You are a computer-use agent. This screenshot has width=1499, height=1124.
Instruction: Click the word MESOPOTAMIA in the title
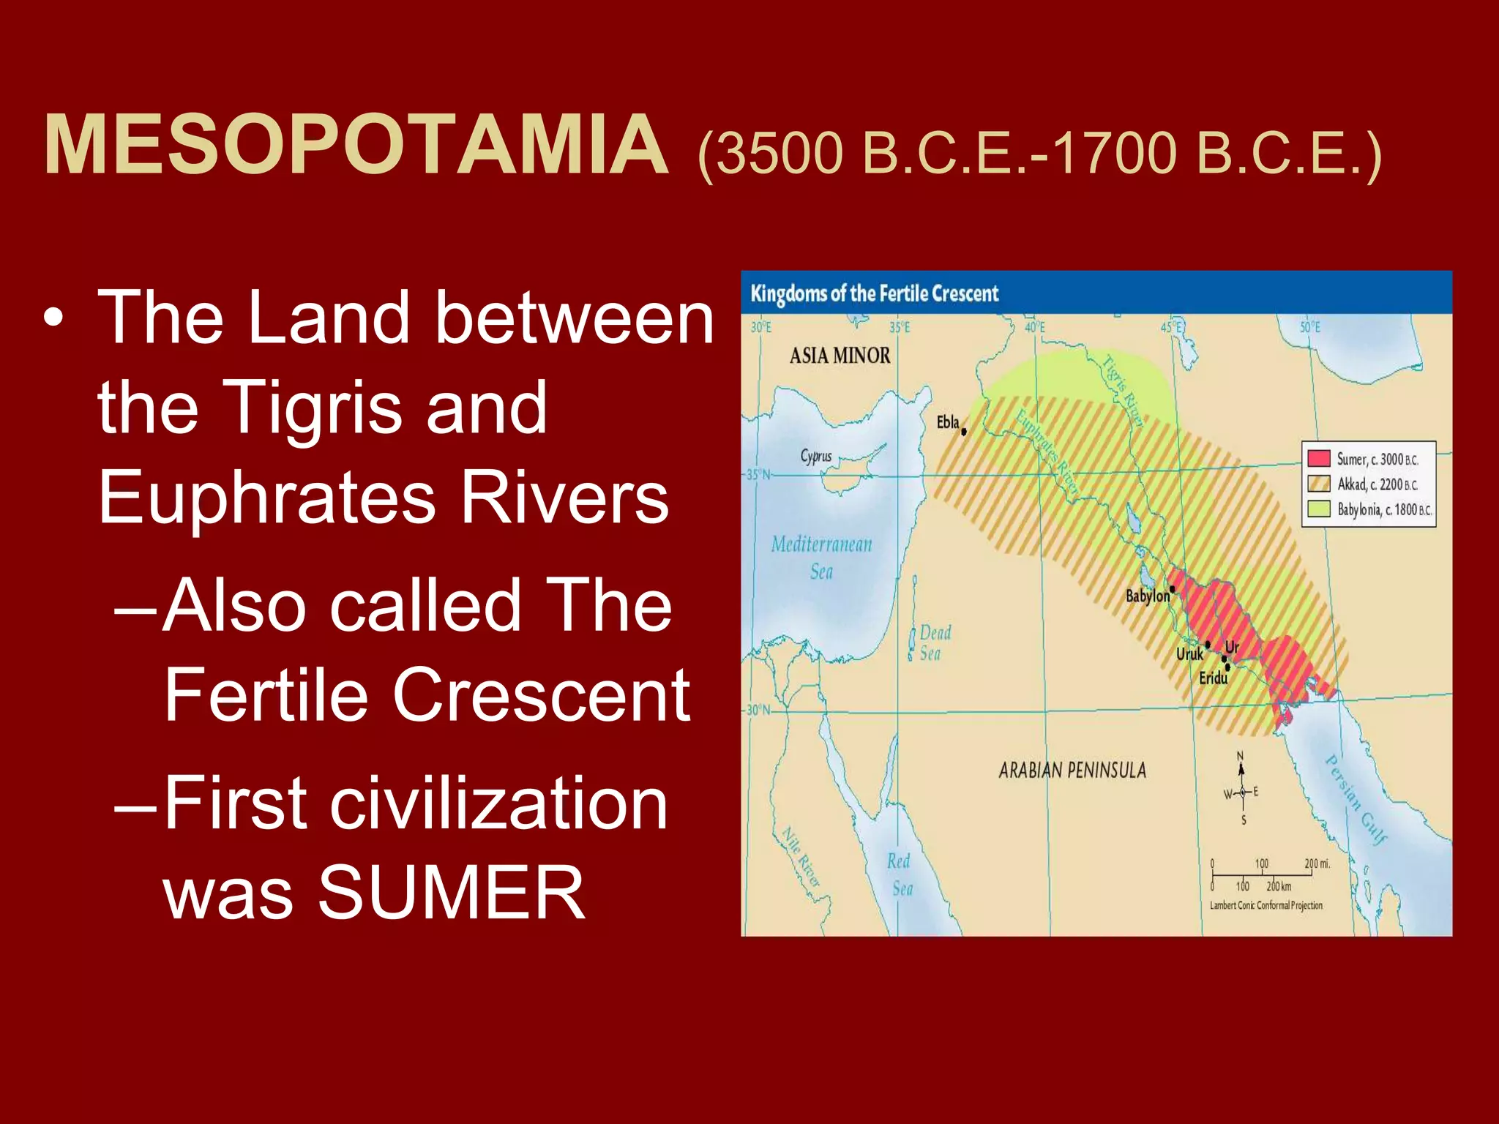356,146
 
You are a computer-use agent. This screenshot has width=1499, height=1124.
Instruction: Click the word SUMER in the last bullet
451,893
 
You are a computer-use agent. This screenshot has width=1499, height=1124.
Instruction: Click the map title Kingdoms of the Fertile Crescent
874,294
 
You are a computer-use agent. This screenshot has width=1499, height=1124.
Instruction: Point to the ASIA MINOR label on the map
840,356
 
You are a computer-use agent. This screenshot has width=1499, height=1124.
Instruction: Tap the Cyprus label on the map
816,457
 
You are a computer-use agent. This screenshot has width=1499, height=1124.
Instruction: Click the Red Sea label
900,874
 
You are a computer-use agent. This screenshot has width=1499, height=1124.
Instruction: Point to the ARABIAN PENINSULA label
1072,770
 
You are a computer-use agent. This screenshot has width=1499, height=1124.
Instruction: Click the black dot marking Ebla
964,432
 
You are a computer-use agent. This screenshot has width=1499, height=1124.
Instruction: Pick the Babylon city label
1147,596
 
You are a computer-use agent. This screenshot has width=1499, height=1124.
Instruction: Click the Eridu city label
1213,678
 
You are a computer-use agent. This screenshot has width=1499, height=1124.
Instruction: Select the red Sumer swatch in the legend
1319,459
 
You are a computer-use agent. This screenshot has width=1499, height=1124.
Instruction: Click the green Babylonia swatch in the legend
1319,509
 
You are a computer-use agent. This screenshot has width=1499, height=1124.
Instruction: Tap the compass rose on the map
1241,792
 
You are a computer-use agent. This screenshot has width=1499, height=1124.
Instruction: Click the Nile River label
801,856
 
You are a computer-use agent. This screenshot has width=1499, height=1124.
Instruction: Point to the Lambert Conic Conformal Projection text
1266,905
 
